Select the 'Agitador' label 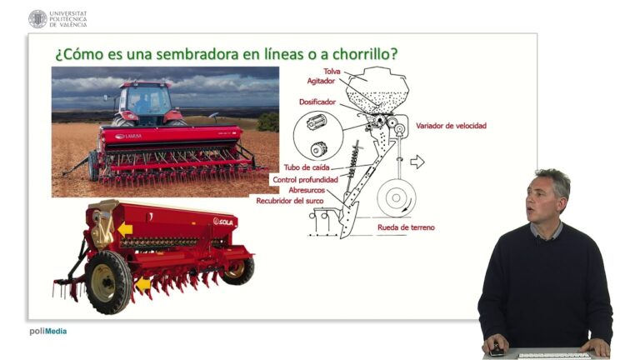(x=325, y=81)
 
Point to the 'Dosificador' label (x=317, y=102)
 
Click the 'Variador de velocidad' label (x=451, y=126)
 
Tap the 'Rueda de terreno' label (x=406, y=227)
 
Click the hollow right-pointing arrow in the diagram (x=417, y=162)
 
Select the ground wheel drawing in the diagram (x=397, y=198)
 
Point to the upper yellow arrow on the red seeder (x=125, y=229)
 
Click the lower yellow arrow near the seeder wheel (x=144, y=285)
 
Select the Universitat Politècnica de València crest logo (x=37, y=18)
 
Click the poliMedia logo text (x=48, y=331)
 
